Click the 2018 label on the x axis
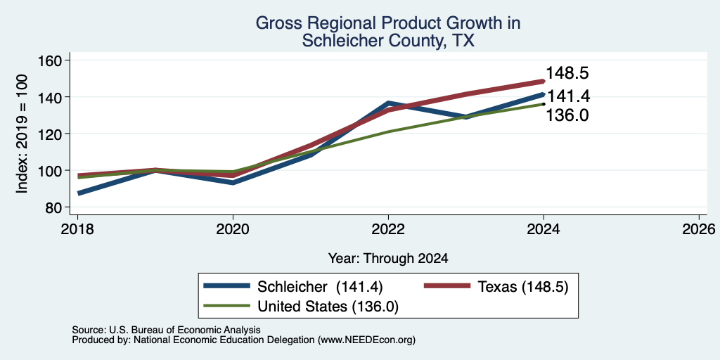tap(77, 229)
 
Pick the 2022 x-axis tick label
tap(388, 229)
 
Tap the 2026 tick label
tap(700, 229)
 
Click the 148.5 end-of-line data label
tap(567, 73)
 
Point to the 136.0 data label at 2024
tap(567, 115)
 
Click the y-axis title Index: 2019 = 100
tap(22, 134)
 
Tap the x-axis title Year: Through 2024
tap(388, 259)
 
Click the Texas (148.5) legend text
tap(523, 287)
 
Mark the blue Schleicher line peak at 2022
tap(388, 103)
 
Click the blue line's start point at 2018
tap(78, 193)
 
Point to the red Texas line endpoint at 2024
tap(544, 82)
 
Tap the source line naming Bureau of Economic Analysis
tap(166, 330)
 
